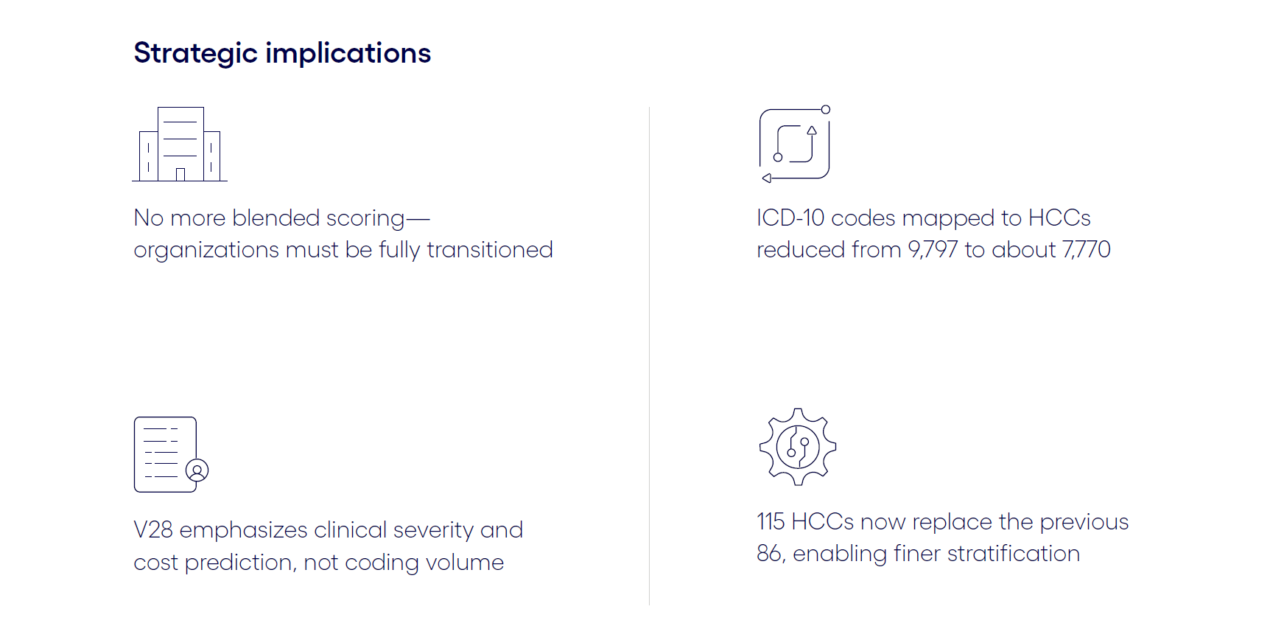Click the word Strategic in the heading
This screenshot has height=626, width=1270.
[195, 54]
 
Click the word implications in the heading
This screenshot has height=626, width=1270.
[348, 54]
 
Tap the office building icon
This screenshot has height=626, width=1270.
[180, 144]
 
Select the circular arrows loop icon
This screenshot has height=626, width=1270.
[795, 144]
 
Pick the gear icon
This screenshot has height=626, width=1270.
[798, 447]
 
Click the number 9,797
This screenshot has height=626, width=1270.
[933, 250]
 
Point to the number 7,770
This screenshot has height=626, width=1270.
[1086, 250]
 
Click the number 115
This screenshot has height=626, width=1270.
[771, 522]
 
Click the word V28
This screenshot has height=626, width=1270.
[153, 530]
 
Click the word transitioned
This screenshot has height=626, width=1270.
[490, 250]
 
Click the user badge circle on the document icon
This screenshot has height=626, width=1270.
[197, 470]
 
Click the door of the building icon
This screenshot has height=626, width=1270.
[180, 175]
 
